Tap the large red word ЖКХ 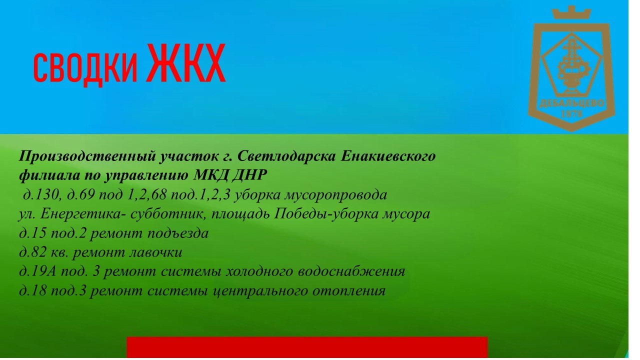tap(186, 63)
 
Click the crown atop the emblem tap(571, 12)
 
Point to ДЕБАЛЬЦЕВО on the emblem tap(571, 103)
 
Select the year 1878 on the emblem tap(571, 114)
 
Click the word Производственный tap(87, 156)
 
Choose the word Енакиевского tap(388, 156)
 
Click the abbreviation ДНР tap(249, 175)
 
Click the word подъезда tap(178, 233)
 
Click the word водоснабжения tap(351, 271)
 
